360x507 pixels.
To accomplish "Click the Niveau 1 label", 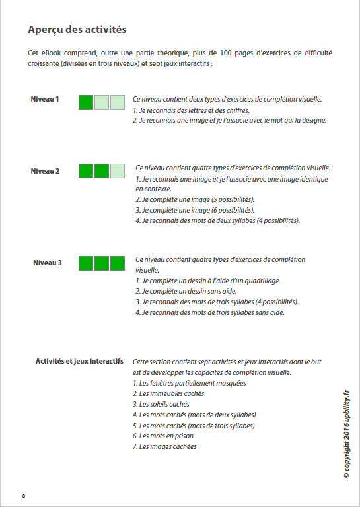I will [45, 100].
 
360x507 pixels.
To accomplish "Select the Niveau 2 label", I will [45, 171].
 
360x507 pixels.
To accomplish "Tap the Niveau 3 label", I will [47, 263].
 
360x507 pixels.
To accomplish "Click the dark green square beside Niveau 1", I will [86, 102].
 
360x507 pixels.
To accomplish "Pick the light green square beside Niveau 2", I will [117, 171].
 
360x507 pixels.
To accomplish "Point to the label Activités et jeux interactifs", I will [79, 362].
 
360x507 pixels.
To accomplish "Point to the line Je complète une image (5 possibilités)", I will [198, 199].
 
